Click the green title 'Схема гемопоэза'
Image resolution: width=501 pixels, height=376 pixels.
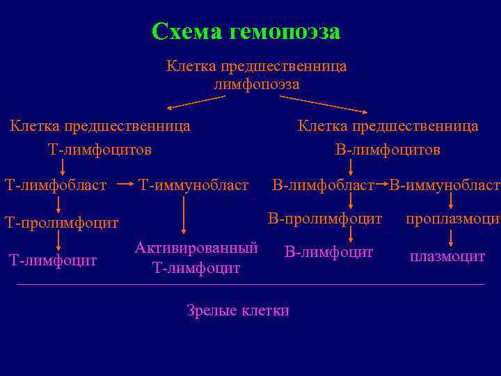coord(246,31)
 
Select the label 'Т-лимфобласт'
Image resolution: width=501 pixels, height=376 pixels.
coord(56,185)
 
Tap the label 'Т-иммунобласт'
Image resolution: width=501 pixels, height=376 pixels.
coord(193,185)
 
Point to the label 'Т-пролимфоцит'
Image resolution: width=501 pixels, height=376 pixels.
coord(61,223)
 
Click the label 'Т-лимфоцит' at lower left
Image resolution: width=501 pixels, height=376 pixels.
coord(52,260)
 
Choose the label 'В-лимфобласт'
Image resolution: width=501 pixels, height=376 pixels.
coord(323,185)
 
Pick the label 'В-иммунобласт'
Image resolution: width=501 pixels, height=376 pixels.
coord(444,185)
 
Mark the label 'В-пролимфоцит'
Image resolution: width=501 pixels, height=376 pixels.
coord(326,219)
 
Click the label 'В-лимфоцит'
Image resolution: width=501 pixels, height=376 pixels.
coord(328,251)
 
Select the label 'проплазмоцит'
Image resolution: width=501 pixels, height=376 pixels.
coord(452,219)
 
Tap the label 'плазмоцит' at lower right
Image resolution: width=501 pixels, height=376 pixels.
coord(447,257)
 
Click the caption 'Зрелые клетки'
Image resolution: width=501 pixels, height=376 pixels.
coord(238,311)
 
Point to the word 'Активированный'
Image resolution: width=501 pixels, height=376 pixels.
coord(196,248)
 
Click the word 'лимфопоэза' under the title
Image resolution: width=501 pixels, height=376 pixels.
coord(257,84)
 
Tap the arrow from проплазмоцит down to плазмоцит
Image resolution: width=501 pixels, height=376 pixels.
coord(452,237)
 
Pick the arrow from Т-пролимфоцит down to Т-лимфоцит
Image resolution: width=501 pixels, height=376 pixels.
coord(58,241)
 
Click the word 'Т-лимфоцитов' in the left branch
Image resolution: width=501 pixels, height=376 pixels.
coord(100,150)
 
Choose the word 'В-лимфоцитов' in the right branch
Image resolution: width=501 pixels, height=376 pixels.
coord(388,150)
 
